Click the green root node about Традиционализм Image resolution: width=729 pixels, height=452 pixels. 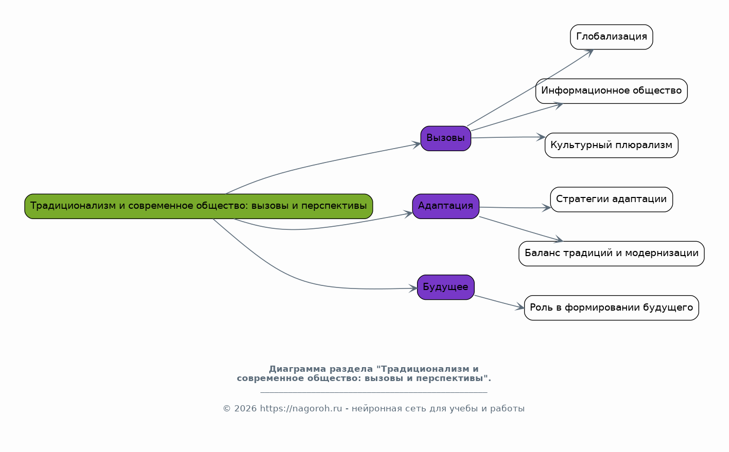click(x=198, y=206)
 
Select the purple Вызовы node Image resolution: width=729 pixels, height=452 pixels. click(x=445, y=138)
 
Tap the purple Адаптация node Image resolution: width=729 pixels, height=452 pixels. click(x=445, y=206)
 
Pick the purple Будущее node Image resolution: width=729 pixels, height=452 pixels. click(x=445, y=287)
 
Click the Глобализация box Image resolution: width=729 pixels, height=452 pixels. click(x=611, y=37)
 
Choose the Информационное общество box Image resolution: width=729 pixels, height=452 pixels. click(x=611, y=91)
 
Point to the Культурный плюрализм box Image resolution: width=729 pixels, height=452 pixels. click(x=611, y=145)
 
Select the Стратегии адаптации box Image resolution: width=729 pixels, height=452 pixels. click(x=611, y=200)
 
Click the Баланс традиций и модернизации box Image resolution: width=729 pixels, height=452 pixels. click(x=611, y=254)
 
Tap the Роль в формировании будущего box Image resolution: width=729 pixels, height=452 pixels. click(x=611, y=308)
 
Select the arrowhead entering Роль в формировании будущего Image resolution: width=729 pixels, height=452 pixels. click(x=520, y=308)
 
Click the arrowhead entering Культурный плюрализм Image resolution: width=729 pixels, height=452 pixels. click(x=541, y=137)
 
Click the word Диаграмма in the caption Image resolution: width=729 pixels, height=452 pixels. click(x=297, y=369)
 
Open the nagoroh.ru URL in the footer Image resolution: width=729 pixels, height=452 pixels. click(x=301, y=409)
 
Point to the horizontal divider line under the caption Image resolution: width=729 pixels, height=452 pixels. click(x=373, y=392)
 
